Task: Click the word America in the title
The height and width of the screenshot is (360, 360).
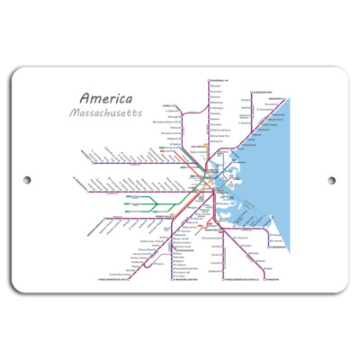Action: (105, 98)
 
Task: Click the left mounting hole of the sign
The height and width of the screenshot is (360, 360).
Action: (26, 180)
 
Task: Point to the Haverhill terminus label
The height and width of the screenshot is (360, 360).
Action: (220, 79)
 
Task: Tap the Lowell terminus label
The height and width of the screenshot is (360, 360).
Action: (166, 105)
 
